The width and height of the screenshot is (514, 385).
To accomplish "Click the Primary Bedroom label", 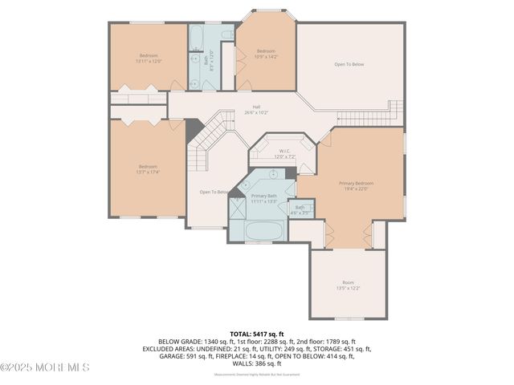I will point(356,185).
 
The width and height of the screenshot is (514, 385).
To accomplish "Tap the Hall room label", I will point(256,109).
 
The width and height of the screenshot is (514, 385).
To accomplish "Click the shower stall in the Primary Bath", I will point(239,210).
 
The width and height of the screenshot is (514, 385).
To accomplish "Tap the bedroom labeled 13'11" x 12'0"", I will point(149,58).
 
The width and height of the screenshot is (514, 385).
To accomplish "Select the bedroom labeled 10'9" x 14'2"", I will point(266,54).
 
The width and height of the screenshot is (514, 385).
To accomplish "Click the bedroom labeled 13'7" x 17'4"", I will point(148,169).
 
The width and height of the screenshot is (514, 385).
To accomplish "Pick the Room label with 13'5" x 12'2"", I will point(348,285).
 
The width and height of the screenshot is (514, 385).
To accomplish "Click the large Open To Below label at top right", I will point(349,64).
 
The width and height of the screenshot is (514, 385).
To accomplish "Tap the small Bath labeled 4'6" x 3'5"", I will point(300,209).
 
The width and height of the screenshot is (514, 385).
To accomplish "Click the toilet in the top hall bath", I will point(226,35).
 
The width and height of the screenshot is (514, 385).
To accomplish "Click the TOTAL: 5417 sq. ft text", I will point(256,333).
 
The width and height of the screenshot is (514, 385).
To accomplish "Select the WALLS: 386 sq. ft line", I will point(256,363).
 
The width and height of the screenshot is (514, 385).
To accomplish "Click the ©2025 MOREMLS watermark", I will point(45,367).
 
